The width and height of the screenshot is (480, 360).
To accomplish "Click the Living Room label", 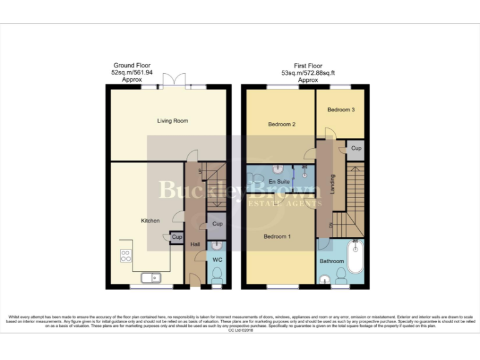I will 172,121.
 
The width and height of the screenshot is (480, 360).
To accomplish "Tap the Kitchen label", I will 150,221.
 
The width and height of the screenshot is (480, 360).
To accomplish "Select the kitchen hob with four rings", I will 126,256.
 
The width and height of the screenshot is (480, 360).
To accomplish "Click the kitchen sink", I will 150,278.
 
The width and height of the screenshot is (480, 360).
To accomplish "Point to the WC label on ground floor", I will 217,259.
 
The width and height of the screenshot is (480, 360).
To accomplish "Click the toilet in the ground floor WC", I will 216,275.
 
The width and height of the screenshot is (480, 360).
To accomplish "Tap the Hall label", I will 194,244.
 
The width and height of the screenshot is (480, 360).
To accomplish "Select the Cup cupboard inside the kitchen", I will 177,237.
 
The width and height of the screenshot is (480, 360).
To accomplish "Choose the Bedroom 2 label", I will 281,124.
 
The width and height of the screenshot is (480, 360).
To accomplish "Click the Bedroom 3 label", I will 341,109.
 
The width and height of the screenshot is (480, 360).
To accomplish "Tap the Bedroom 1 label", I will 276,237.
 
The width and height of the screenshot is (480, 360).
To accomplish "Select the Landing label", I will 332,183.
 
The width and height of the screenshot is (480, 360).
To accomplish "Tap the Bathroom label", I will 332,261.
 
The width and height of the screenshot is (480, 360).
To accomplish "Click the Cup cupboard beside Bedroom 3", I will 356,149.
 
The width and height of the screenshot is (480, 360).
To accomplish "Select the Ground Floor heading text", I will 131,66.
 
